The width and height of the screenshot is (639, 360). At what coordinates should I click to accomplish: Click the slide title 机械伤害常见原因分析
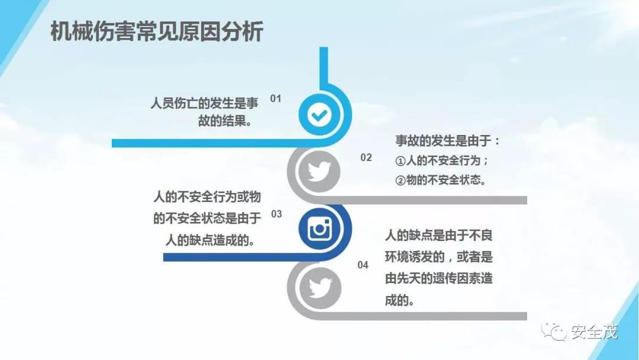click(x=156, y=31)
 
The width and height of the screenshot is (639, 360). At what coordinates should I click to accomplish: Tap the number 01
click(x=276, y=98)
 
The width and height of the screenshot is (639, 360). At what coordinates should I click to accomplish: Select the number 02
click(x=366, y=157)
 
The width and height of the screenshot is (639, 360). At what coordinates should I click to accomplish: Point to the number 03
click(x=276, y=214)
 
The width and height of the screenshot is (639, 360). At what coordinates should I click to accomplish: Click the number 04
click(x=363, y=265)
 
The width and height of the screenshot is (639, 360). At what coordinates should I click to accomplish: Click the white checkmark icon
click(x=319, y=115)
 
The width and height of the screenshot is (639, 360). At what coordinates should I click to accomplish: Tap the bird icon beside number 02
click(x=319, y=171)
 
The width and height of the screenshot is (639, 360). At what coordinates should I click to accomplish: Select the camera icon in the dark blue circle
click(x=319, y=229)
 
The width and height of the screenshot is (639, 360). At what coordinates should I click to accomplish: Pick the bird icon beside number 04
click(x=320, y=288)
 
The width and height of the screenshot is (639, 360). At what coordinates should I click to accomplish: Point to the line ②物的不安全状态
click(x=441, y=180)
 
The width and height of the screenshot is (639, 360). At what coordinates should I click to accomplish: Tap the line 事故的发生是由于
click(x=447, y=141)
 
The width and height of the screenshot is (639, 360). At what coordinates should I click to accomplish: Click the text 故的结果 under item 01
click(x=225, y=121)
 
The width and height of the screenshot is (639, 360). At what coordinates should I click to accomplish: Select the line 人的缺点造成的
click(x=210, y=240)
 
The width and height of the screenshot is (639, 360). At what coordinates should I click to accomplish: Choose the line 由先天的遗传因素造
click(x=439, y=278)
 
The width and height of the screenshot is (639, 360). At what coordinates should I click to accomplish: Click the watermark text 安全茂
click(x=595, y=332)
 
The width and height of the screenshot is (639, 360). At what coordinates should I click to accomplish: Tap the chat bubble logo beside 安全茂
click(x=554, y=332)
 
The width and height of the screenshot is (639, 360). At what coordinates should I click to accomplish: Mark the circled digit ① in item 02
click(x=401, y=161)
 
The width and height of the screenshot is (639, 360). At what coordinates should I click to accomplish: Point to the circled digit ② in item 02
click(x=401, y=181)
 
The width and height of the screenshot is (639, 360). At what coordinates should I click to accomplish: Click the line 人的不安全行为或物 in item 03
click(x=207, y=197)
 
